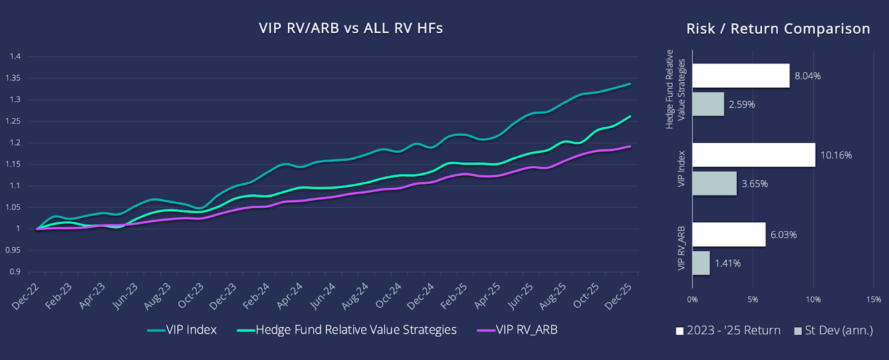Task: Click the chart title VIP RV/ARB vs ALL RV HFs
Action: pyautogui.click(x=351, y=28)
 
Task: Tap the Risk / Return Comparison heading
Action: pyautogui.click(x=778, y=29)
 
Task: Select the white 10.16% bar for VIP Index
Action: pyautogui.click(x=753, y=155)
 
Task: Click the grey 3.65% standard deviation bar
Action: pyautogui.click(x=714, y=183)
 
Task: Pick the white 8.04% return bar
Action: pyautogui.click(x=741, y=76)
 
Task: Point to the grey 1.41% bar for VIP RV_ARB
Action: pyautogui.click(x=701, y=263)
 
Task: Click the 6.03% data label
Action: pyautogui.click(x=783, y=235)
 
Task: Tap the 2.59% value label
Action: pyautogui.click(x=742, y=104)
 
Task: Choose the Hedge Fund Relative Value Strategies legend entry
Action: pyautogui.click(x=347, y=330)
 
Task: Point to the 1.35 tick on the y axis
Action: pyautogui.click(x=13, y=78)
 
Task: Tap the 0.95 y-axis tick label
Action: pyautogui.click(x=13, y=251)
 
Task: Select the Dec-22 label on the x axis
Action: pyautogui.click(x=26, y=296)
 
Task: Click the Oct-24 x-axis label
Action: pyautogui.click(x=388, y=296)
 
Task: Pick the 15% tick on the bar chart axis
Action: pyautogui.click(x=873, y=299)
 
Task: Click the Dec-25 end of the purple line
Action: pyautogui.click(x=630, y=147)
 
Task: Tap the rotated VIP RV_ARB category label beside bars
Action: pyautogui.click(x=681, y=248)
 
